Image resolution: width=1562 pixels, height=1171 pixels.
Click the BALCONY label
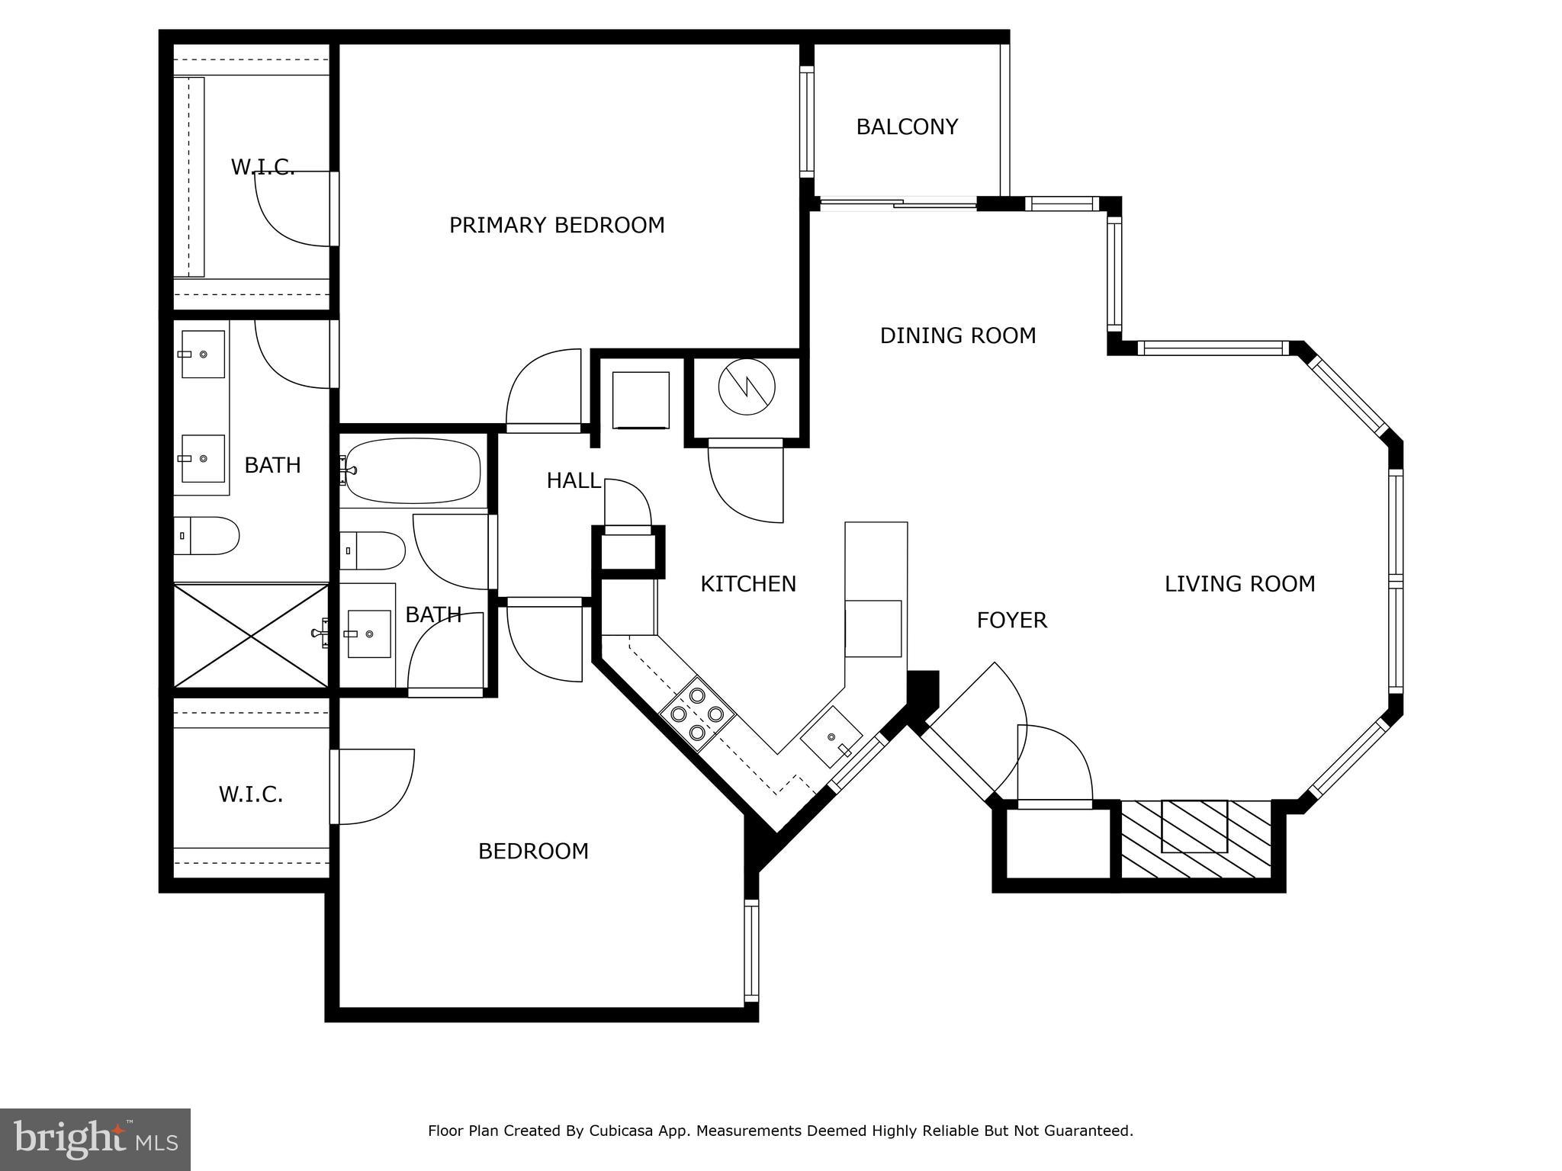tap(906, 127)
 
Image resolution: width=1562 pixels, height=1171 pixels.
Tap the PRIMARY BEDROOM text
tap(556, 225)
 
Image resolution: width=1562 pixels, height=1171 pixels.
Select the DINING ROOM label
tap(957, 335)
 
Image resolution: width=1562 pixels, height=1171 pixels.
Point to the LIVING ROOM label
tap(1239, 584)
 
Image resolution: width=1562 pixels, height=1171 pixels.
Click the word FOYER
tap(1011, 621)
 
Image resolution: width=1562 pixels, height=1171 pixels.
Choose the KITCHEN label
tap(747, 584)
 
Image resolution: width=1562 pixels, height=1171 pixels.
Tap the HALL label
tap(573, 480)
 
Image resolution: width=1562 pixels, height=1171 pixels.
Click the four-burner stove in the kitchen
tap(696, 714)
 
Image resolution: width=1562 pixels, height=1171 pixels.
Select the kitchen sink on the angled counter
tap(831, 737)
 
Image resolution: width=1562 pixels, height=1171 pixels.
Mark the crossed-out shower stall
tap(251, 636)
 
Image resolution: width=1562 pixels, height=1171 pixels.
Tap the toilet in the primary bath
tap(207, 535)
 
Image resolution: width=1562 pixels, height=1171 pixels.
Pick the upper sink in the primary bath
tap(203, 354)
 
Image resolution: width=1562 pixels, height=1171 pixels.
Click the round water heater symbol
tap(747, 387)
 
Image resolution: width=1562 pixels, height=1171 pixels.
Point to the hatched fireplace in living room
tap(1194, 838)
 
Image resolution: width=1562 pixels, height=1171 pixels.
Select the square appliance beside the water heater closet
tap(641, 399)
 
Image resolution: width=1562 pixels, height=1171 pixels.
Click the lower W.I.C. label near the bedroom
tap(251, 794)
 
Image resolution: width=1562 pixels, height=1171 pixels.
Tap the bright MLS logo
tap(95, 1139)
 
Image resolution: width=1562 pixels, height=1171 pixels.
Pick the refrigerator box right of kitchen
tap(873, 628)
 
